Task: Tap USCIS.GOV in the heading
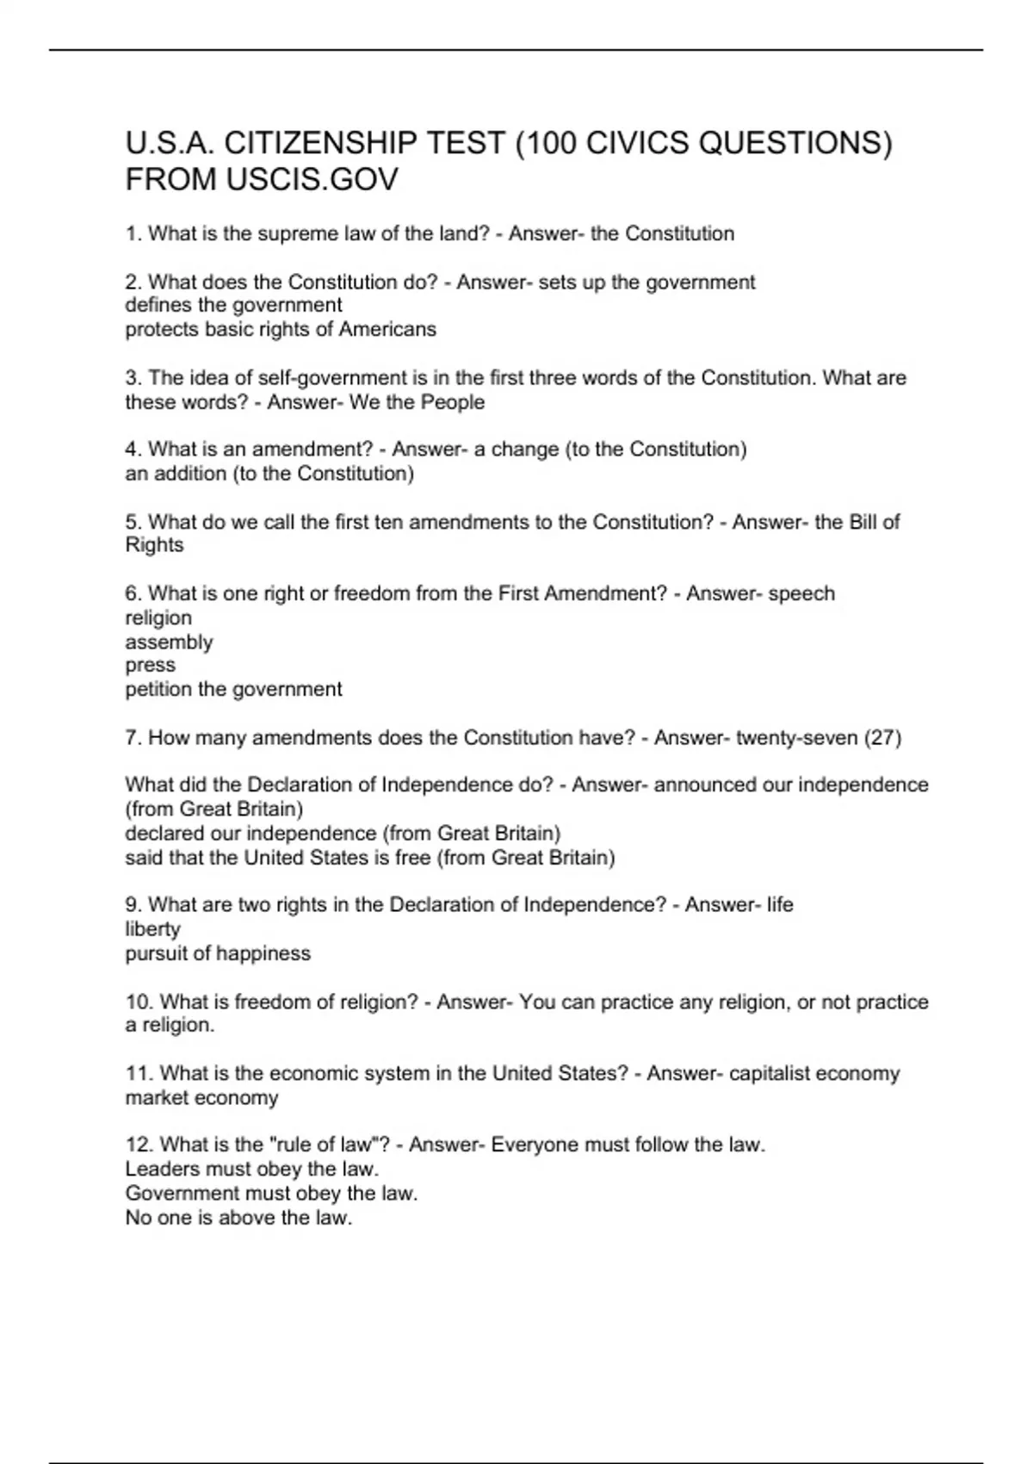click(x=312, y=180)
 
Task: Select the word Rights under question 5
click(x=154, y=545)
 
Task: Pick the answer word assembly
click(x=169, y=642)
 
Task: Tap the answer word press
click(x=150, y=666)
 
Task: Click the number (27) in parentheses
click(x=882, y=738)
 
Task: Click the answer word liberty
click(x=152, y=929)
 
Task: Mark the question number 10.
click(x=139, y=1002)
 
